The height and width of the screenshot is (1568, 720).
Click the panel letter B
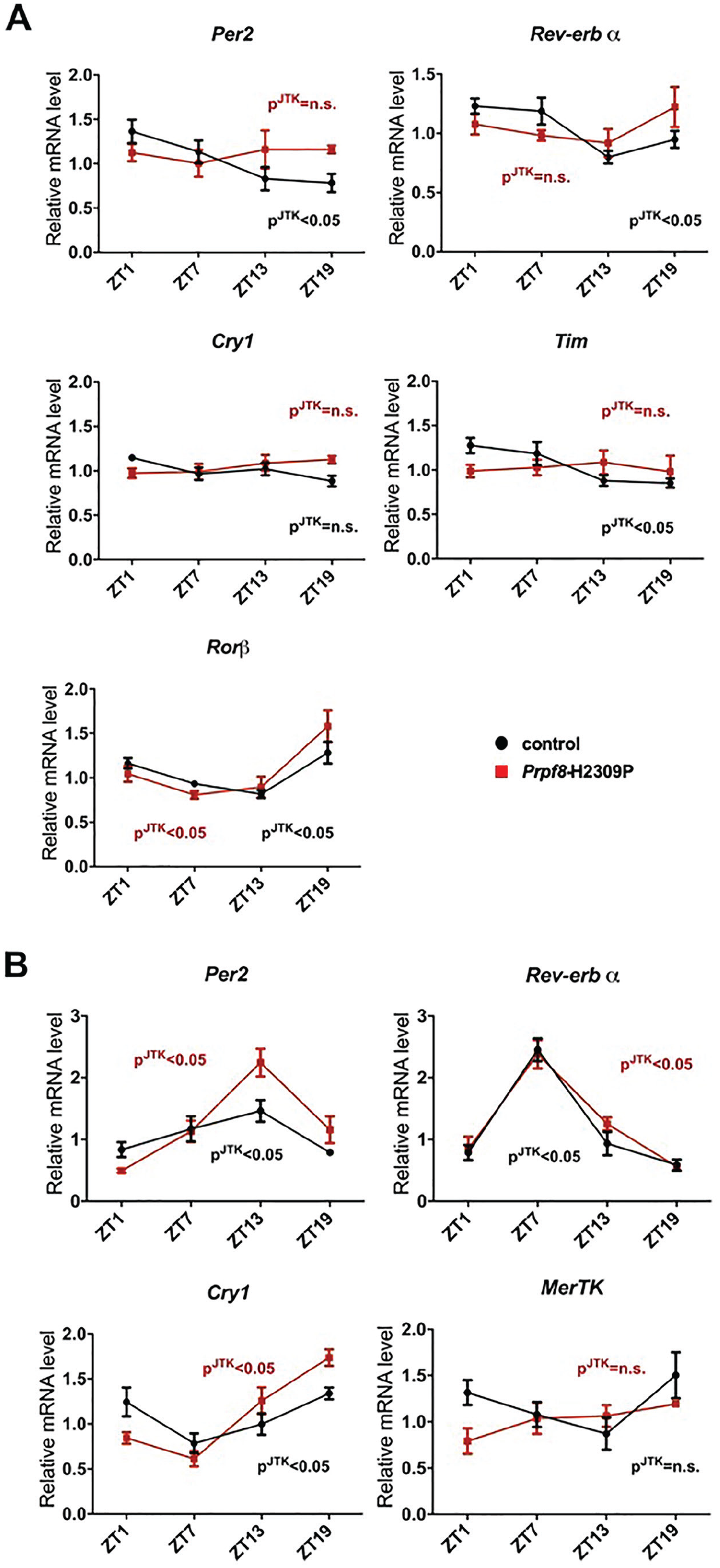[x=16, y=965]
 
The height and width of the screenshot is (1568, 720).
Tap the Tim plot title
[x=571, y=341]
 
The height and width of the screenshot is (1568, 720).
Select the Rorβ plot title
[x=228, y=647]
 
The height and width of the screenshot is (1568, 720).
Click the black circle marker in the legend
[x=501, y=743]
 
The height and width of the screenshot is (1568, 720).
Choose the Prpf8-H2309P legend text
[x=578, y=772]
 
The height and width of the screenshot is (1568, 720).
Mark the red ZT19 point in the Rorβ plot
[x=328, y=726]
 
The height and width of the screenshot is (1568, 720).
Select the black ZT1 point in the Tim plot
[x=469, y=445]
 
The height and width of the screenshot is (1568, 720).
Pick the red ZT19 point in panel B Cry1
[x=329, y=1358]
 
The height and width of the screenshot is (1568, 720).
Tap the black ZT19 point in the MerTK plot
[x=676, y=1358]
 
